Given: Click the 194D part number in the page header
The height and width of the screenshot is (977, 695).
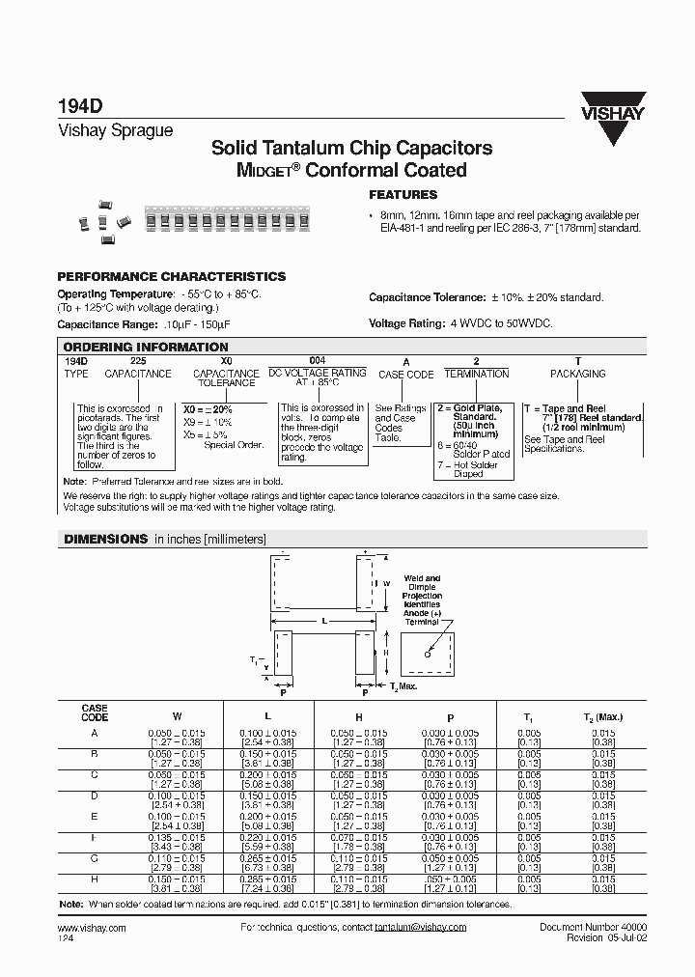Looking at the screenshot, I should coord(76,110).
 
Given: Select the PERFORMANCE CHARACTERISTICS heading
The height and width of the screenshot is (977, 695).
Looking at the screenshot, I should coord(172,276).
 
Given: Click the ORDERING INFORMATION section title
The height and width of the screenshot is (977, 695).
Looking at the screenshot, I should coord(146,347).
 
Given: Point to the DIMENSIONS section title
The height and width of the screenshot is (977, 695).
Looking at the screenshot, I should coord(106,539).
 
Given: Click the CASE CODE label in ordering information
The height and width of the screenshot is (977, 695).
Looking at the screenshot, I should coord(405,375).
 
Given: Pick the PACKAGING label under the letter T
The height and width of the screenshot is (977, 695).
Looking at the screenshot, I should coord(577,374).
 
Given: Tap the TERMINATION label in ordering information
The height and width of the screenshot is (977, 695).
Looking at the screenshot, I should coord(476,374).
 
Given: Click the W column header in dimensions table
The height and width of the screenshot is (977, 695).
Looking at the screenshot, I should coord(176,716).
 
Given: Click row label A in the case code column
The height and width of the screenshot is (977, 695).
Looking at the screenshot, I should coord(95,733).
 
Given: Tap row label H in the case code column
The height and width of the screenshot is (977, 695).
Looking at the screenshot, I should coord(95,881).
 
